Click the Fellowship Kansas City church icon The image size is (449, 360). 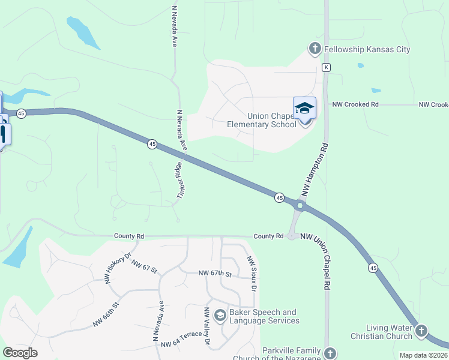(315, 49)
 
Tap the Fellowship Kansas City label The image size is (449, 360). (367, 49)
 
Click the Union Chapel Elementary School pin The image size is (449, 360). (304, 109)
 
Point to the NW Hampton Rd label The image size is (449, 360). (316, 170)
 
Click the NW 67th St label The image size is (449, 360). (215, 274)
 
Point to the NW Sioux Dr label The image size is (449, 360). (252, 274)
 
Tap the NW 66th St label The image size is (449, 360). (106, 314)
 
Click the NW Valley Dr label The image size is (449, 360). (207, 327)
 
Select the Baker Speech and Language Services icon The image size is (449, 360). (220, 315)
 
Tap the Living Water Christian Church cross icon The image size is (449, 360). (421, 331)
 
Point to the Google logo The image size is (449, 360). (20, 353)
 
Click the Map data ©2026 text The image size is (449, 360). (423, 355)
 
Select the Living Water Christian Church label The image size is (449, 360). (382, 332)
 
